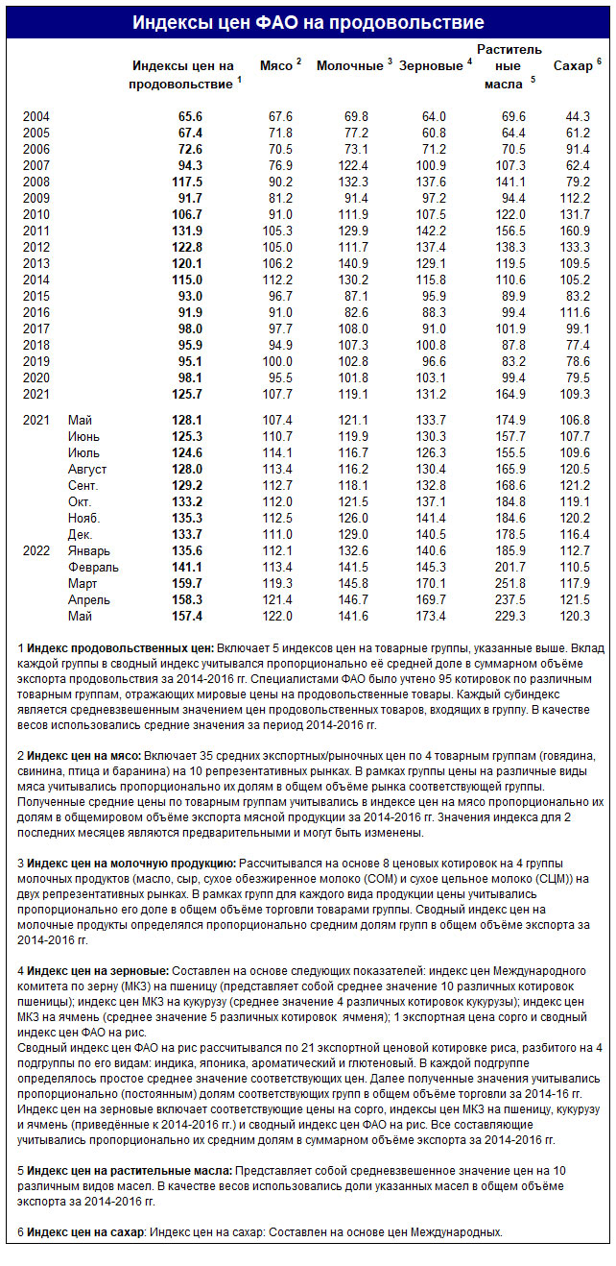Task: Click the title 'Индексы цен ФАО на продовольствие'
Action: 308,22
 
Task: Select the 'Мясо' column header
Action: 277,65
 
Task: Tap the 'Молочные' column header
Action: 349,65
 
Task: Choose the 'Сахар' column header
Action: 573,65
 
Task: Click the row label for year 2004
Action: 36,116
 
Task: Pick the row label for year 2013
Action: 36,263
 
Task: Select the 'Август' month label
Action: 87,469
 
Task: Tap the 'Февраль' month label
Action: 92,567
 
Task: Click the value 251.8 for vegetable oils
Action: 509,583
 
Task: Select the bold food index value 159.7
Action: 186,583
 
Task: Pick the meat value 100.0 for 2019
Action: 277,361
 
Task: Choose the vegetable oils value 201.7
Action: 509,567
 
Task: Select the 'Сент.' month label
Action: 84,485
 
